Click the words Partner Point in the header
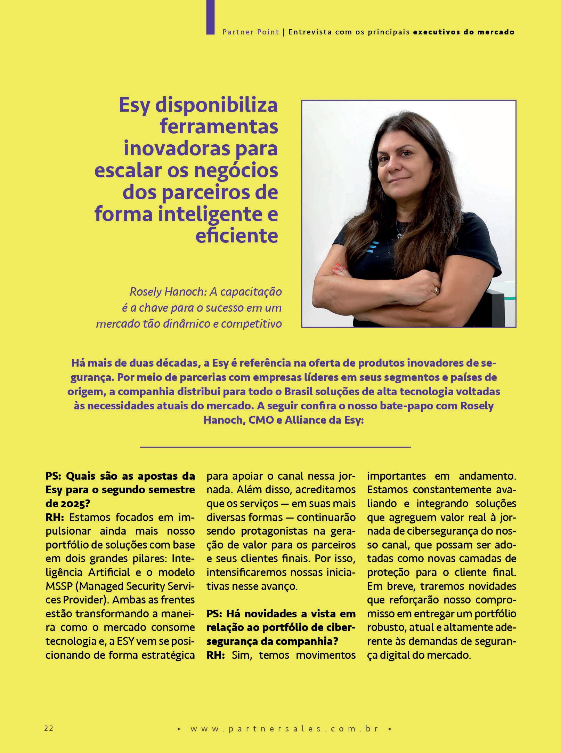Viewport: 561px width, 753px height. (251, 32)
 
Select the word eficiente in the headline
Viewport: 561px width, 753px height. (237, 235)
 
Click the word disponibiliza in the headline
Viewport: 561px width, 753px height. (216, 105)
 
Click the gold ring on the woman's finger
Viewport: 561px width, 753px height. (435, 290)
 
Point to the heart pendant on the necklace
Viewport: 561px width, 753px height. (400, 236)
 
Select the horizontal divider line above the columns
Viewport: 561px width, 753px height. (275, 447)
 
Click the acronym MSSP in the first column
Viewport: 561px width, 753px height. (57, 586)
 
